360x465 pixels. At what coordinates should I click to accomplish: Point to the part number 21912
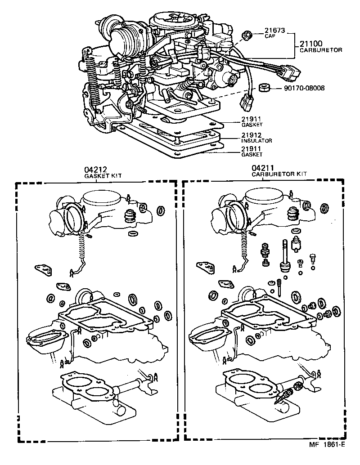click(251, 135)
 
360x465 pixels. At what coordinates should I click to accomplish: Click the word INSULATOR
click(256, 141)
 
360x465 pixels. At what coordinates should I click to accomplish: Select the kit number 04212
click(94, 170)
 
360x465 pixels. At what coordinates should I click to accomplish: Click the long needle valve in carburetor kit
click(284, 256)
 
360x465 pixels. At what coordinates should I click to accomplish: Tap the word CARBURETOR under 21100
click(320, 50)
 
